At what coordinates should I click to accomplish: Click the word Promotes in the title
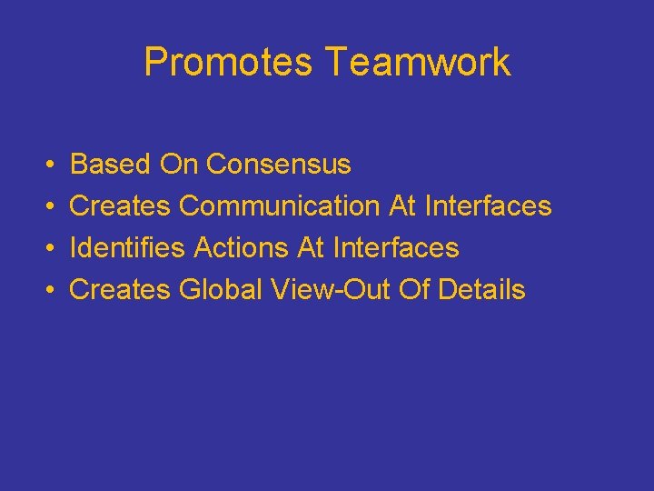[x=228, y=63]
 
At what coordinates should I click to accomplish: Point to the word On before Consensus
[x=179, y=165]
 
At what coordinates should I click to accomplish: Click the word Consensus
[x=278, y=165]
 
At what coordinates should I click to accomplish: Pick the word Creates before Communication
[x=120, y=206]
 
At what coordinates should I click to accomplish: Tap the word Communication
[x=281, y=206]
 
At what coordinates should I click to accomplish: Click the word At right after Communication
[x=402, y=206]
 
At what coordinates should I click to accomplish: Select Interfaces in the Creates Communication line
[x=488, y=206]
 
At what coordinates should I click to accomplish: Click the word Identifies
[x=128, y=248]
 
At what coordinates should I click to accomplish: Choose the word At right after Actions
[x=311, y=248]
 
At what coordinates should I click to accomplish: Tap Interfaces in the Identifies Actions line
[x=396, y=248]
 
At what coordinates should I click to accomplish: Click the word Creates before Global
[x=120, y=290]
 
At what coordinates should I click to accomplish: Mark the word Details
[x=481, y=290]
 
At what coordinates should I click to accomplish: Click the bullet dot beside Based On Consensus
[x=47, y=165]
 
